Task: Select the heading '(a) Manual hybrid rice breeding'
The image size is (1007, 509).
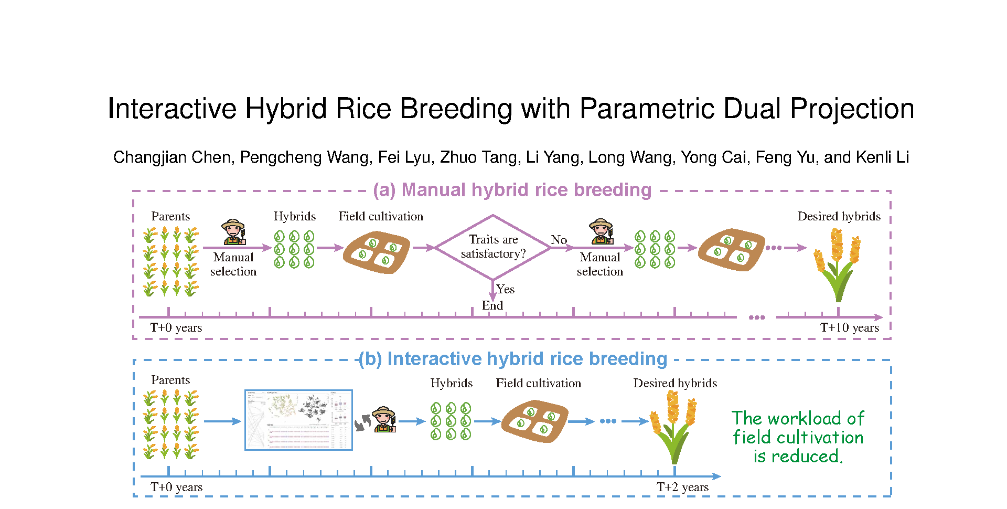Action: (x=512, y=190)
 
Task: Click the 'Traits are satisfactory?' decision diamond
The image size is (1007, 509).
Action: (x=493, y=247)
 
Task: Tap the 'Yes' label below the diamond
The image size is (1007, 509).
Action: (x=505, y=289)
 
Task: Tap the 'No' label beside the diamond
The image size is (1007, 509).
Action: (x=559, y=240)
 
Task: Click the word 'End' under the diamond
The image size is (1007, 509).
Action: (x=492, y=305)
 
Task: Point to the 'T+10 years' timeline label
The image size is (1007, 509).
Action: (x=849, y=328)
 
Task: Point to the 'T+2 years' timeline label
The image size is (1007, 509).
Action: (x=682, y=487)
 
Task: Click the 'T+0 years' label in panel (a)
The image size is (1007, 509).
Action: (x=176, y=328)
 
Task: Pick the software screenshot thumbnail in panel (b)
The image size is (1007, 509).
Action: (x=298, y=420)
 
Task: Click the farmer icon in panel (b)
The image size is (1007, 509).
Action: (x=384, y=419)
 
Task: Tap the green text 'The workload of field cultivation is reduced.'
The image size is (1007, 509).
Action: (x=798, y=437)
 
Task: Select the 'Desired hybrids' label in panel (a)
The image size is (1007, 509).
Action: (x=839, y=216)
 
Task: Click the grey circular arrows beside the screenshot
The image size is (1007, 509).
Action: (x=362, y=422)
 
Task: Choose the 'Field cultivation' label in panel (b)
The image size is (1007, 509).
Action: (x=538, y=383)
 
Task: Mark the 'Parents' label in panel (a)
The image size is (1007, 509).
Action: (x=170, y=216)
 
